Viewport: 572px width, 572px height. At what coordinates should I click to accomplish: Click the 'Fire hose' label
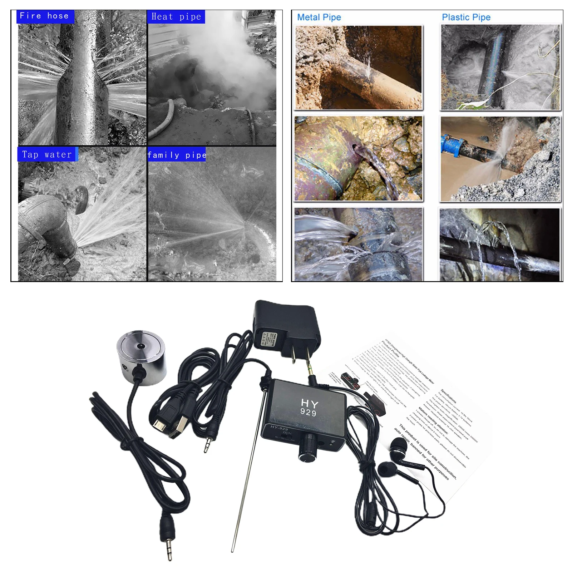point(44,16)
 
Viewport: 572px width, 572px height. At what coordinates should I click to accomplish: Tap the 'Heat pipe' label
point(176,17)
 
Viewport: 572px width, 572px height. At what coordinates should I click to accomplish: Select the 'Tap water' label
point(46,154)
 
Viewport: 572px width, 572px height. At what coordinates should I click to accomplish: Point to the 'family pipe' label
point(177,155)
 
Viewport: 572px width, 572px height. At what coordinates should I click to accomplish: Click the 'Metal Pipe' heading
point(319,17)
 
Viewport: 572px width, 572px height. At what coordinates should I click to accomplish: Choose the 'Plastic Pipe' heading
point(466,17)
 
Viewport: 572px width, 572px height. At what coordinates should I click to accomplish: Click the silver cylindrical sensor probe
point(141,357)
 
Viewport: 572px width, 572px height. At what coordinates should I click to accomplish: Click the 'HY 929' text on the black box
point(309,408)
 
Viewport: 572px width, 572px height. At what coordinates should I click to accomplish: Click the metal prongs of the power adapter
point(299,354)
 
